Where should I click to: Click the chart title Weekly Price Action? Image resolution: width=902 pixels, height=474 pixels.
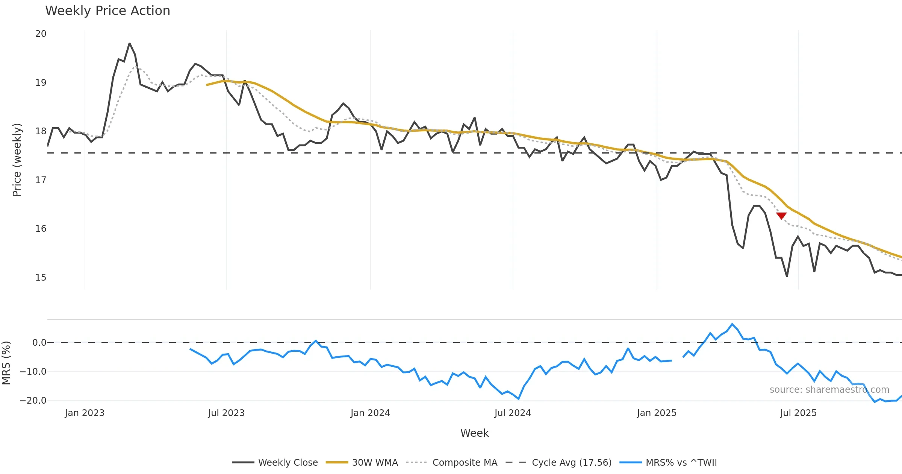click(107, 11)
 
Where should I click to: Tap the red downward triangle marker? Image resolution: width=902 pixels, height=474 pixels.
click(781, 216)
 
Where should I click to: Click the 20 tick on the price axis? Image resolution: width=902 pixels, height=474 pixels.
click(41, 34)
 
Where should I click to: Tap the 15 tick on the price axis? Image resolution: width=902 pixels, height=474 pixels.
click(41, 278)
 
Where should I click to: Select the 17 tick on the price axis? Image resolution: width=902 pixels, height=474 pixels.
click(41, 180)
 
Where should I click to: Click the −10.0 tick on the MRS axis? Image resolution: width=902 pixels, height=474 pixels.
click(33, 372)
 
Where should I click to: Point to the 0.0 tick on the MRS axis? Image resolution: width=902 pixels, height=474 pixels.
click(39, 343)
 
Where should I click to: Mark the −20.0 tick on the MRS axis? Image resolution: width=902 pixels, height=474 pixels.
click(33, 401)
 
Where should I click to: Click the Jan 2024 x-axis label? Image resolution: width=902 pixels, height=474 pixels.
click(370, 413)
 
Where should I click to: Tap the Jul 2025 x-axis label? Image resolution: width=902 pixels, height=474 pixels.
click(798, 413)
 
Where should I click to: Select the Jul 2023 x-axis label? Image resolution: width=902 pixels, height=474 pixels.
click(226, 413)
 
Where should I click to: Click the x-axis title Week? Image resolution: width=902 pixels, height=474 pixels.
click(474, 433)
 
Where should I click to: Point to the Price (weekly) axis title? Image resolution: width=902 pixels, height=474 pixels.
click(17, 160)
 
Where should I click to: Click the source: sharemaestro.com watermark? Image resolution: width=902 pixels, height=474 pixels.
click(829, 390)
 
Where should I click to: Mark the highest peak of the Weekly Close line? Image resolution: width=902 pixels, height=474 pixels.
click(129, 44)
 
